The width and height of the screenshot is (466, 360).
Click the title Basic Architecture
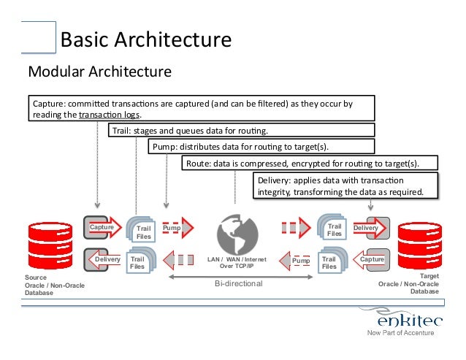145,38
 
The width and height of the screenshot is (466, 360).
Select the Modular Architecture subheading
99,72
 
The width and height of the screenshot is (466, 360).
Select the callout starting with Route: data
310,163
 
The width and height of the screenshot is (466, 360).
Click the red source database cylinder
46,246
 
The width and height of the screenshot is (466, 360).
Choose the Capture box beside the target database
373,259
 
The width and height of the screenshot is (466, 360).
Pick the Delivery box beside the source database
107,259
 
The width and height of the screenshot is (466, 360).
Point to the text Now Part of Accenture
400,334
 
